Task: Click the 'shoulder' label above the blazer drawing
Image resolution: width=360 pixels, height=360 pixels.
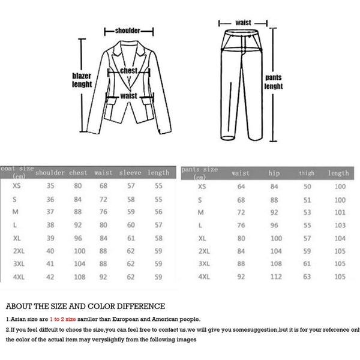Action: point(129,30)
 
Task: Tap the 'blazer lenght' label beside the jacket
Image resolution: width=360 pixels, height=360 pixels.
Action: point(82,80)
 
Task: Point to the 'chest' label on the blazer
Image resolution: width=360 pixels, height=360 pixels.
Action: point(130,71)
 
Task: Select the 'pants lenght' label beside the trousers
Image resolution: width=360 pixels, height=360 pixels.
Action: point(274,82)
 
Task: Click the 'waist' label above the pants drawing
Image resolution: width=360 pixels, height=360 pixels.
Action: point(243,22)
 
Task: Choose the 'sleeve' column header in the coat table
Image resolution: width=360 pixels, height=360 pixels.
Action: point(130,173)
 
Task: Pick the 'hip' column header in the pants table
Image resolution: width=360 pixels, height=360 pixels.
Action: point(274,173)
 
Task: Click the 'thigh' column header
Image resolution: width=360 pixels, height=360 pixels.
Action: point(307,173)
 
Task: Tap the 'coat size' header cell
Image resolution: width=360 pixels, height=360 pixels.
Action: point(17,172)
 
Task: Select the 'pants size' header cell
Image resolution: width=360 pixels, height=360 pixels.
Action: point(200,172)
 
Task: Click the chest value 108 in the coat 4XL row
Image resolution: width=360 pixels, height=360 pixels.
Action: point(78,277)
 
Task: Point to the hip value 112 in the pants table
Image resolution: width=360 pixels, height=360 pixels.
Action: point(274,277)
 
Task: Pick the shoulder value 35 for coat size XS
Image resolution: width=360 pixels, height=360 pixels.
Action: point(50,187)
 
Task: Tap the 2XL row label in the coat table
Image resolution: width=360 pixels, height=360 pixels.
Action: point(19,251)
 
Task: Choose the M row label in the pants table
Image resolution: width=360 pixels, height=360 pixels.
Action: point(201,212)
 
